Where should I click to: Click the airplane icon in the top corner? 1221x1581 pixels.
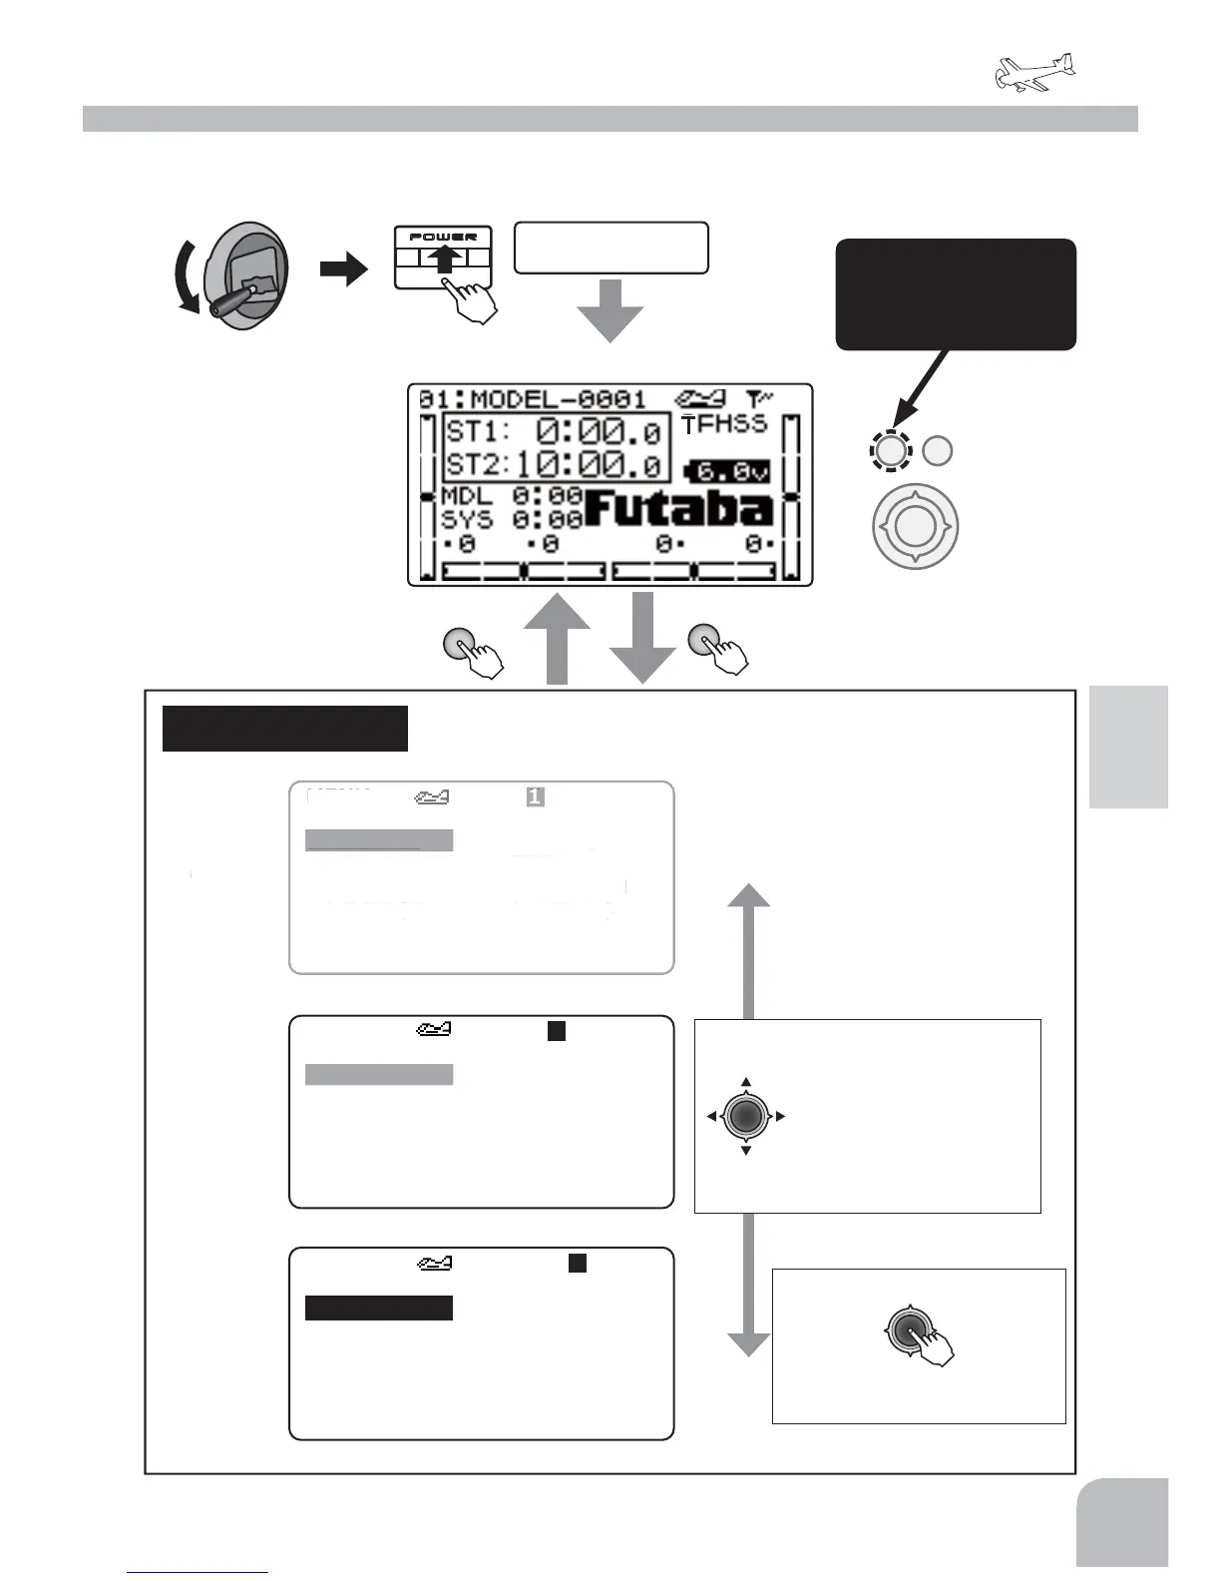tap(1035, 74)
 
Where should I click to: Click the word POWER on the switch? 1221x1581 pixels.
tap(443, 237)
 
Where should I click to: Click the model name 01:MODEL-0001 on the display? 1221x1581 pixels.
tap(533, 400)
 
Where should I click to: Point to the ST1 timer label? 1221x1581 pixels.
tap(477, 432)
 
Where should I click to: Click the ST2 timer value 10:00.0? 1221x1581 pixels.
tap(589, 464)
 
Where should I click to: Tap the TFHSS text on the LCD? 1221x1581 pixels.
tap(724, 424)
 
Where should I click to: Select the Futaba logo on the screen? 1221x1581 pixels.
tap(677, 509)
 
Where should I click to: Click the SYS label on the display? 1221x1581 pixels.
tap(466, 520)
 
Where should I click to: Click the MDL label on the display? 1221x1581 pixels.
tap(466, 496)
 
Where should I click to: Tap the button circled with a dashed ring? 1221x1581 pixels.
tap(890, 451)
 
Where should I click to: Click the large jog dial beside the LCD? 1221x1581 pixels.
tap(915, 525)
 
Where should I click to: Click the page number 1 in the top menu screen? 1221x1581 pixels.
tap(536, 796)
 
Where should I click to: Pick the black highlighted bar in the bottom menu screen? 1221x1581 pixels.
tap(379, 1308)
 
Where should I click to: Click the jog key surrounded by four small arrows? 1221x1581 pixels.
tap(745, 1115)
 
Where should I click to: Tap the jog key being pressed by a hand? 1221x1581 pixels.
tap(908, 1329)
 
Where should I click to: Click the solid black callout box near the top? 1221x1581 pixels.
tap(955, 293)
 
